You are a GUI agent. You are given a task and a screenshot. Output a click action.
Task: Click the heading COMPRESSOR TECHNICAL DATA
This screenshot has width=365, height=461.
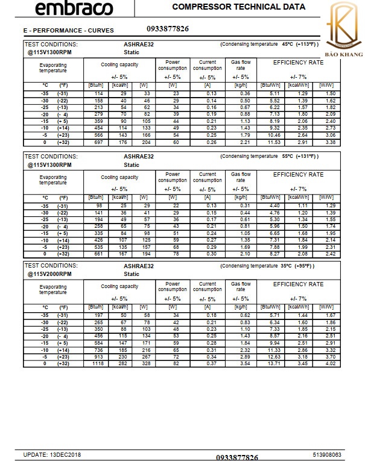click(238, 7)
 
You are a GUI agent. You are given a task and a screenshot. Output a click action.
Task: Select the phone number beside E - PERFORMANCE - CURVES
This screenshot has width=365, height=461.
click(167, 28)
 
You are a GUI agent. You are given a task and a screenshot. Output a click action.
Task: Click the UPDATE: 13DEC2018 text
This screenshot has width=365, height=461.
click(52, 454)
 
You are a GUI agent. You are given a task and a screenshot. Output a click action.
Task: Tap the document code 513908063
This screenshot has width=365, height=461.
click(328, 454)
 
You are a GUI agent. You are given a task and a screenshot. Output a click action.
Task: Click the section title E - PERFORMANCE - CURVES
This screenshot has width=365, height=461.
click(68, 30)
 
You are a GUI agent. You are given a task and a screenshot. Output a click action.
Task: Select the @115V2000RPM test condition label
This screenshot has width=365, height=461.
click(49, 274)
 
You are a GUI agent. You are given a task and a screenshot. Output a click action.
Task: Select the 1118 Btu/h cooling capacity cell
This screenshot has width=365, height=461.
click(98, 364)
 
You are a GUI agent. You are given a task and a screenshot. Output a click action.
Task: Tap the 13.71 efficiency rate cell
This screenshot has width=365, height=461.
click(275, 364)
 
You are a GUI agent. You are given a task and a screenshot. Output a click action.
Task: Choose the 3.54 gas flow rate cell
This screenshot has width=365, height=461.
click(244, 364)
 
